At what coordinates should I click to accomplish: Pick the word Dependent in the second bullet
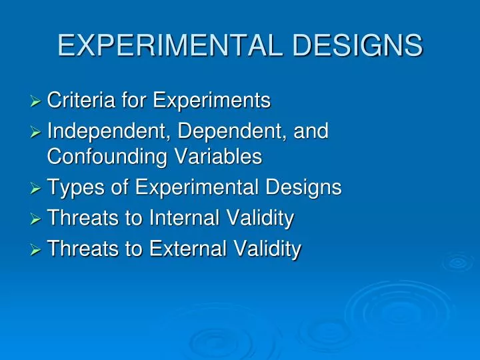[x=230, y=131]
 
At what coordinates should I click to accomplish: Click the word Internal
[x=187, y=218]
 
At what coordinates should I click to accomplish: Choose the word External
[x=189, y=249]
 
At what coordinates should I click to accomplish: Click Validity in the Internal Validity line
[x=261, y=218]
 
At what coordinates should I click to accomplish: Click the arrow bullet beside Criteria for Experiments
[x=37, y=102]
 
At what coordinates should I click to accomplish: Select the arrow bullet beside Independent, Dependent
[x=37, y=132]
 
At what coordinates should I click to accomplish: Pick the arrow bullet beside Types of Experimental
[x=37, y=189]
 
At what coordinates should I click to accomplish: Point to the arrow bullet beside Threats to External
[x=37, y=249]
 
